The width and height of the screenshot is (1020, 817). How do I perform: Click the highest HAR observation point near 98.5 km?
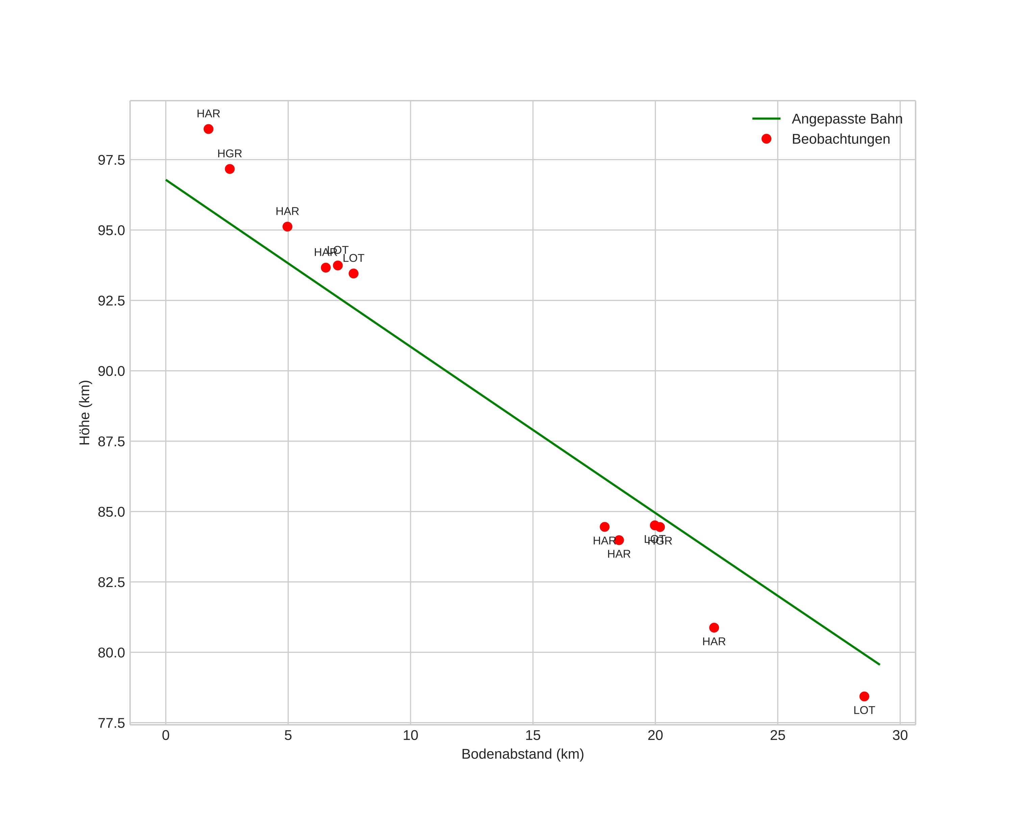[x=208, y=129]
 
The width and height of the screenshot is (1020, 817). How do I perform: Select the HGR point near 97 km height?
[x=229, y=169]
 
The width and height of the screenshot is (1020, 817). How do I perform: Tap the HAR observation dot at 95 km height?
[x=287, y=227]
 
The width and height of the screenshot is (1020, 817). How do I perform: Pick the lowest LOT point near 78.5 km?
[x=864, y=696]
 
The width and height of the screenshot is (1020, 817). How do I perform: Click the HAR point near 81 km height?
[x=714, y=628]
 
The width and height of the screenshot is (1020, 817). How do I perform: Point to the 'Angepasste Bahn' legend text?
[x=847, y=119]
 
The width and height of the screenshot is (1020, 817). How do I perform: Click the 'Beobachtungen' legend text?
[x=841, y=139]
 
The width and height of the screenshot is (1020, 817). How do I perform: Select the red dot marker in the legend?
[x=766, y=138]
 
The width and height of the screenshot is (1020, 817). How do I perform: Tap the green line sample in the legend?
[x=766, y=119]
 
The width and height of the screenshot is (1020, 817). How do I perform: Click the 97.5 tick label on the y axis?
[x=111, y=160]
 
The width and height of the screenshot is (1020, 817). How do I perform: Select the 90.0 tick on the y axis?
[x=111, y=371]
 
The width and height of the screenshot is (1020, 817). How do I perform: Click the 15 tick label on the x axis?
[x=533, y=735]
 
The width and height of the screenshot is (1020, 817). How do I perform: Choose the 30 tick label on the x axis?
[x=900, y=735]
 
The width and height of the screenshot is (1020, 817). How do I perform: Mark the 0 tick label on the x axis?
[x=166, y=735]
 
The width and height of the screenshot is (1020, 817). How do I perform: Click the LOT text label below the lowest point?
[x=864, y=710]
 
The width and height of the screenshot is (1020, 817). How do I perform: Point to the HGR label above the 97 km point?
[x=229, y=154]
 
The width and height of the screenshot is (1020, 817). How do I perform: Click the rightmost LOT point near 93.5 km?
[x=353, y=273]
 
